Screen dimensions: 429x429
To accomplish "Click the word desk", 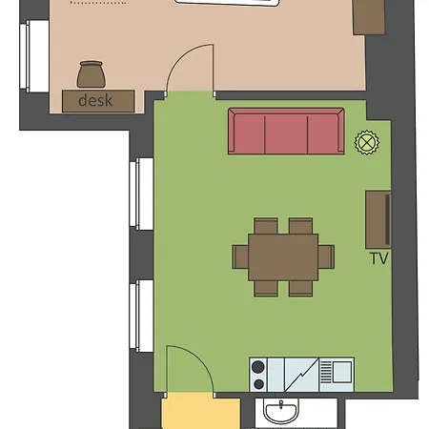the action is (95, 100).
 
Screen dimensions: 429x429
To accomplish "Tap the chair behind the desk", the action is (92, 74).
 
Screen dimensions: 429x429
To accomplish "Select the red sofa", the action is (286, 131).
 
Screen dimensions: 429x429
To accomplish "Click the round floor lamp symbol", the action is (367, 142).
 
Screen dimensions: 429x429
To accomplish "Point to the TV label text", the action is (379, 258).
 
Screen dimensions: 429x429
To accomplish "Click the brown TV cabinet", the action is (378, 219).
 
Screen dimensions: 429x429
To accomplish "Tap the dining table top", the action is (283, 257).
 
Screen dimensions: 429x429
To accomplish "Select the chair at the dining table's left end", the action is (240, 256).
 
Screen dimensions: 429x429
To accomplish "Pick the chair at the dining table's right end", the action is (326, 256).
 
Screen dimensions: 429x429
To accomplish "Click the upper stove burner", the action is (258, 367).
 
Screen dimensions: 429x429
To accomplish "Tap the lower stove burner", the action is (259, 384).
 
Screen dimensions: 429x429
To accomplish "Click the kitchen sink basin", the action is (342, 372).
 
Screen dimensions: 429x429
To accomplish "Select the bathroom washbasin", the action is (281, 411).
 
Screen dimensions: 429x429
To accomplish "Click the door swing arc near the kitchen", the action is (197, 357).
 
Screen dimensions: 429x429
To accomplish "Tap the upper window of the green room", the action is (141, 194).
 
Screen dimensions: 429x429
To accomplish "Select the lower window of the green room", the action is (141, 316).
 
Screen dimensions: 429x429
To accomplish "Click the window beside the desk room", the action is (34, 56).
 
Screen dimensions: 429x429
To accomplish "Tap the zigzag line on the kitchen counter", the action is (301, 375).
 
